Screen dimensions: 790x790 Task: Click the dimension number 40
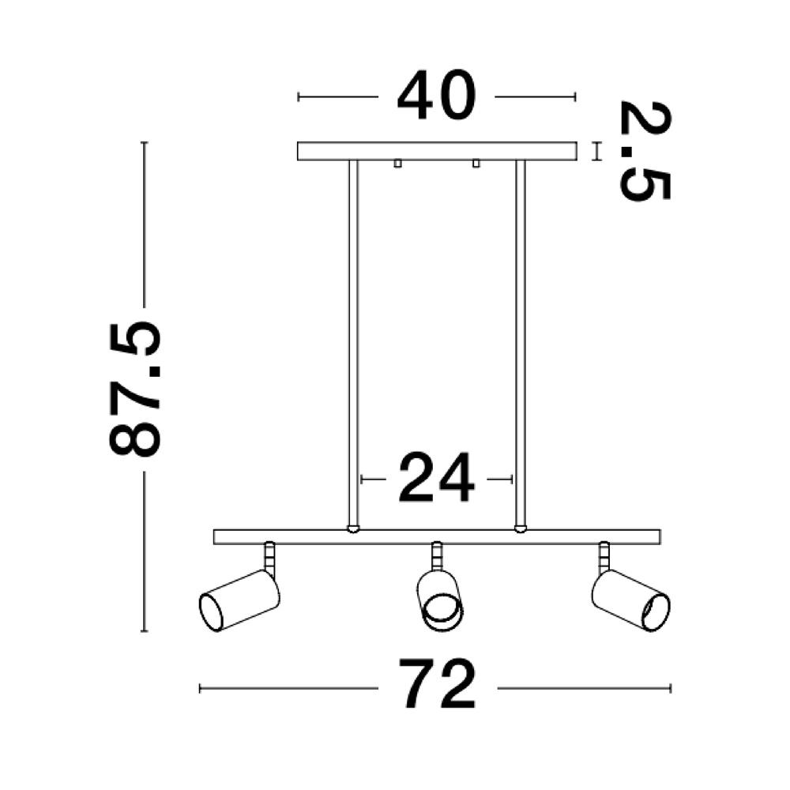pyautogui.click(x=436, y=96)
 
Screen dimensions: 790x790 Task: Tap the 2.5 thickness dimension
pyautogui.click(x=645, y=151)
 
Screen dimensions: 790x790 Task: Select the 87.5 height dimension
pyautogui.click(x=134, y=389)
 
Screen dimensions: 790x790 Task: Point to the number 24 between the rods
pyautogui.click(x=436, y=478)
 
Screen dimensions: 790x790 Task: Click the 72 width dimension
pyautogui.click(x=438, y=683)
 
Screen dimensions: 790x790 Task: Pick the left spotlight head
pyautogui.click(x=239, y=600)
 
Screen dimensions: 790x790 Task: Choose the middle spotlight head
pyautogui.click(x=440, y=600)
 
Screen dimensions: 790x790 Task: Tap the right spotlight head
pyautogui.click(x=630, y=600)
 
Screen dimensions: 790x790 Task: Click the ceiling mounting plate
pyautogui.click(x=437, y=151)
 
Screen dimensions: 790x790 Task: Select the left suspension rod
pyautogui.click(x=353, y=344)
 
